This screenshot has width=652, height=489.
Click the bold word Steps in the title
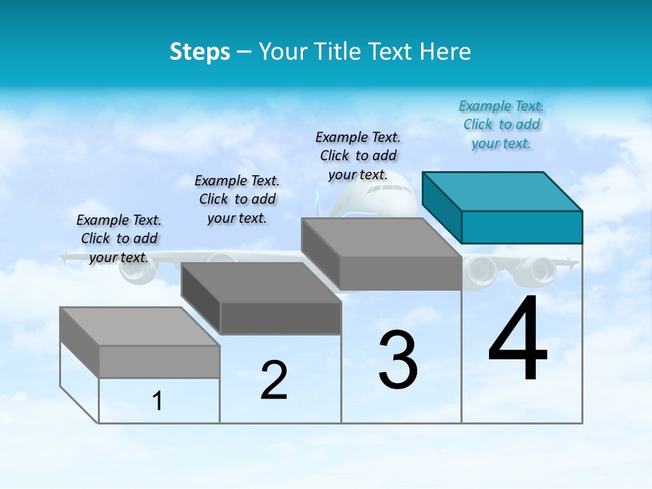point(200,52)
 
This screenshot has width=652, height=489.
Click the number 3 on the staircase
point(398,360)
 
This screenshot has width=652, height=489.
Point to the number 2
point(274,380)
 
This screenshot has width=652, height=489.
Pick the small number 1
point(158,401)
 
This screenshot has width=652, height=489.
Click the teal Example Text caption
point(501,125)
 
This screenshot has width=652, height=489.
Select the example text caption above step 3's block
point(359,156)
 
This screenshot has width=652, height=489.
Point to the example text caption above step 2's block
point(237,199)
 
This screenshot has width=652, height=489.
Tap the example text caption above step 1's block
point(119,238)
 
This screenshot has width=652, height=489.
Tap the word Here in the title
point(447,52)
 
